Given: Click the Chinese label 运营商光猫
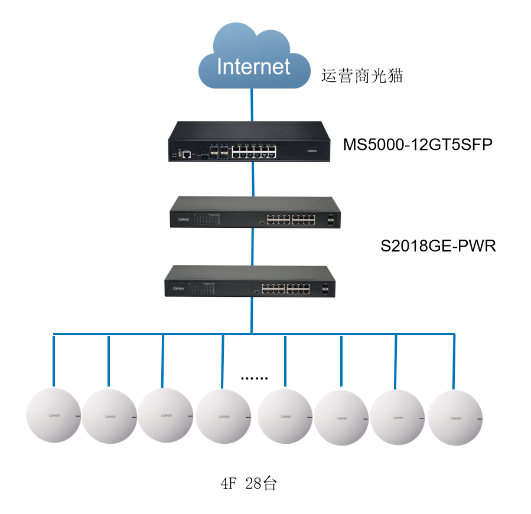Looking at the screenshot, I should pos(361,76).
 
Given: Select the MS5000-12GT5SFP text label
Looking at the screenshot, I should pos(417,145).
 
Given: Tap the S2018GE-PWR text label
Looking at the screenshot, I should pos(438,245).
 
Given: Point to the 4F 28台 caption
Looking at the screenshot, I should pos(249,484).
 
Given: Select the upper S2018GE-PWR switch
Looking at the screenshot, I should pos(255,212).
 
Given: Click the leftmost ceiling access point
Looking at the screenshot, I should pos(53,415).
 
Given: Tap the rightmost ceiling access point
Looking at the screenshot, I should pos(455,418).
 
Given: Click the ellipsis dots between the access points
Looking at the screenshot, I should pos(255,378).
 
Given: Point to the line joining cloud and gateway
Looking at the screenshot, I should pos(253,104).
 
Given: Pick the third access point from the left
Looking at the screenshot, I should pos(166,415).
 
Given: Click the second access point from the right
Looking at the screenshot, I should pos(398,417).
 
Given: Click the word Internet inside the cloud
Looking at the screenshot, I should pos(253,67).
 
